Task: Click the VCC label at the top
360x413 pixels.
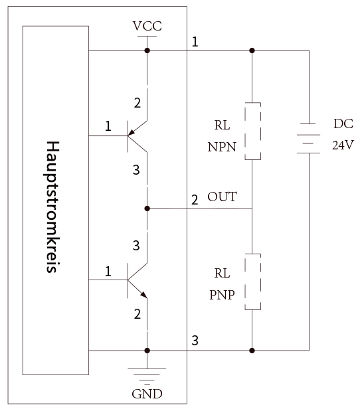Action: click(x=147, y=26)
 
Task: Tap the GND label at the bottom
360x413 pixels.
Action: click(x=147, y=394)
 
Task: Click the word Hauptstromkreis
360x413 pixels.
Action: click(x=52, y=206)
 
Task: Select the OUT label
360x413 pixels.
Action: click(x=222, y=197)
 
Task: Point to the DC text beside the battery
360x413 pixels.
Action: click(x=343, y=124)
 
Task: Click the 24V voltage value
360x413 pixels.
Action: click(x=343, y=145)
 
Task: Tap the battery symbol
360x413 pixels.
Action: click(x=308, y=138)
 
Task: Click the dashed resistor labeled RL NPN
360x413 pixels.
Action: click(x=253, y=131)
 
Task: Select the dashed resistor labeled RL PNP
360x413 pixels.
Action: click(x=253, y=282)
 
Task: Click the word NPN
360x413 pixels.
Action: click(x=222, y=147)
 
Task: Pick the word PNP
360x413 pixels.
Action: click(x=222, y=295)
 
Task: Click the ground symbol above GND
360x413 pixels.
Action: click(x=147, y=376)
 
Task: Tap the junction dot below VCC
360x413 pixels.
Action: click(x=147, y=50)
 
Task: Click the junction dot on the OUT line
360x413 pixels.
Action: click(x=147, y=208)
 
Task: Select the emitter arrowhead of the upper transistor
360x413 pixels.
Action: click(x=132, y=132)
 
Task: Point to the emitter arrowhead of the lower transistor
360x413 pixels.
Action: click(x=143, y=295)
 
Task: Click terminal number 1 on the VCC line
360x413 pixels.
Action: click(x=195, y=42)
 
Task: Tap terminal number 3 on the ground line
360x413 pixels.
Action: click(x=195, y=341)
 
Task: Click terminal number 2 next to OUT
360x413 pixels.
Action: click(x=195, y=200)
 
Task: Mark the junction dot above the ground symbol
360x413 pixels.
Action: click(x=147, y=351)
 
